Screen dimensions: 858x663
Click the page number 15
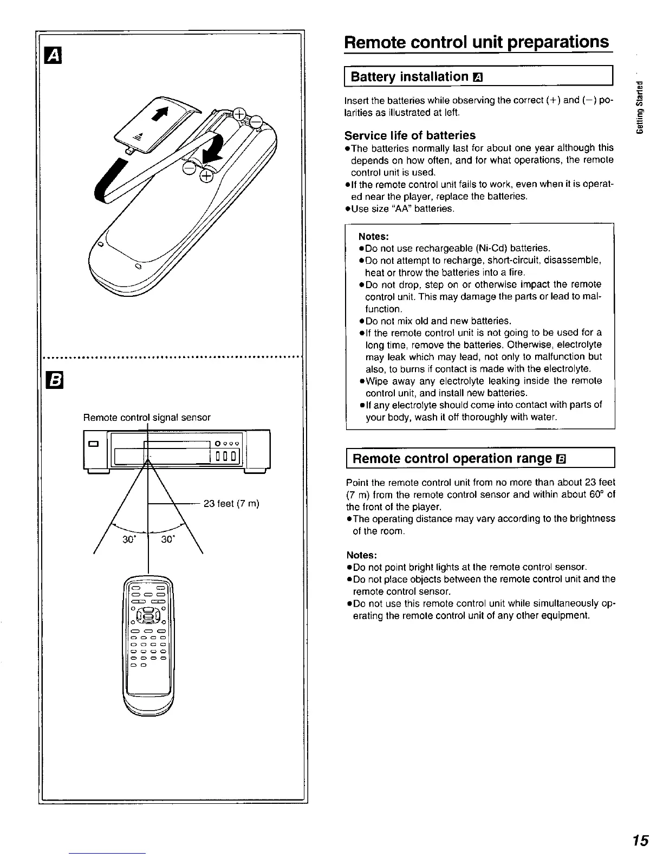[x=640, y=841]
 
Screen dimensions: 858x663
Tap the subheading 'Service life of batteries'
[x=410, y=135]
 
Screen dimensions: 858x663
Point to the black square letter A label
[x=55, y=55]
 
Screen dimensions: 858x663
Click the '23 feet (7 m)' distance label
[x=231, y=504]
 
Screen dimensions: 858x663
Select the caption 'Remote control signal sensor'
[x=146, y=417]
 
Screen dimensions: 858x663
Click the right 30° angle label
[x=168, y=540]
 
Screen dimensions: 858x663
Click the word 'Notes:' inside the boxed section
[x=373, y=237]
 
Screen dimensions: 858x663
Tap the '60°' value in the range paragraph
[x=596, y=495]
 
